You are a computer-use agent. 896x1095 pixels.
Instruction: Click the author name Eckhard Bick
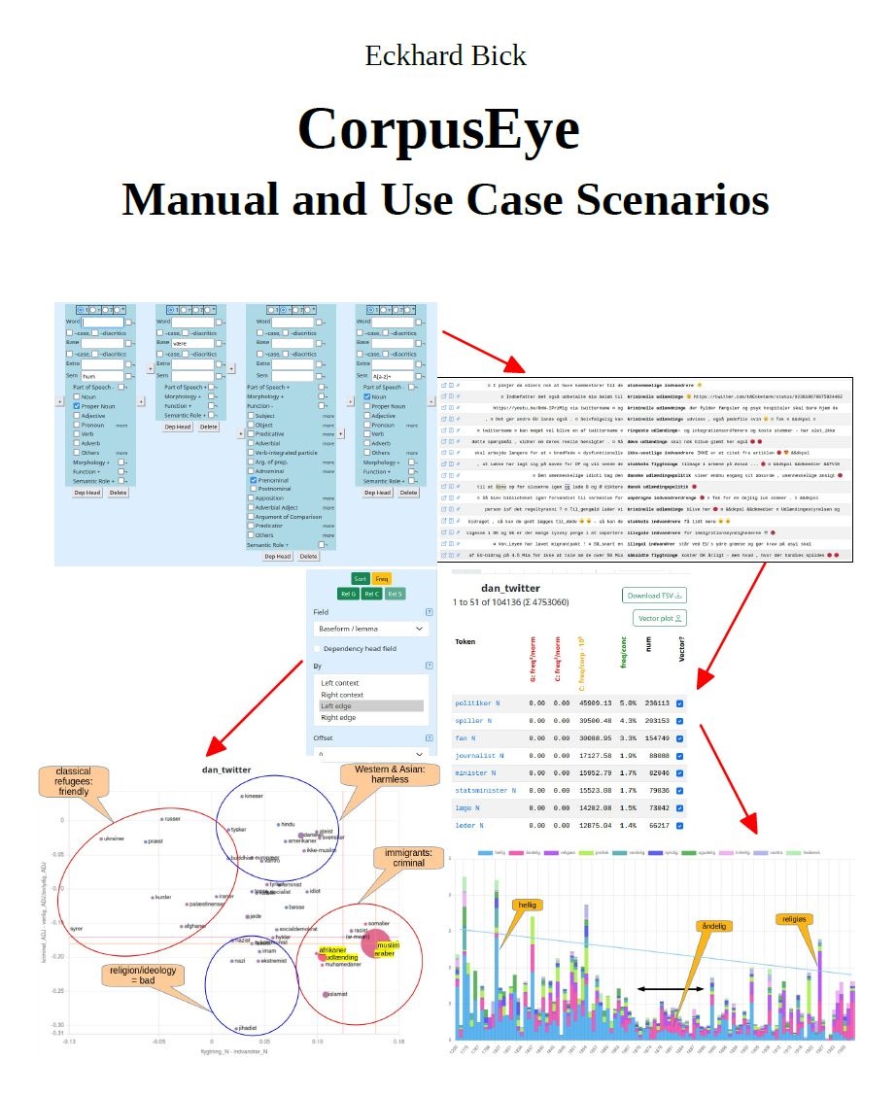coord(446,55)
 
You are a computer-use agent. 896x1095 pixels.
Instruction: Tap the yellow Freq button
coord(381,578)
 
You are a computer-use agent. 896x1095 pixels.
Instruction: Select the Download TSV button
coord(654,596)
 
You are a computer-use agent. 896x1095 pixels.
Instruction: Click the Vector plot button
coord(661,618)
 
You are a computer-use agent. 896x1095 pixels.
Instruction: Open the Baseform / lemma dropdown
coord(371,629)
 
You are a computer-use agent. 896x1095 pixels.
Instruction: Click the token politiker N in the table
coord(476,703)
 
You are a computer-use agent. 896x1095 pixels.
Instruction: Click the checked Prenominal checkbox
coord(253,480)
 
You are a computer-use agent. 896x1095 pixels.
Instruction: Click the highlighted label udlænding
coord(336,959)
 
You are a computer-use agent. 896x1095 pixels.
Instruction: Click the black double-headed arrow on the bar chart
coord(670,989)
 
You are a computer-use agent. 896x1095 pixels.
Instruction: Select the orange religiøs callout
coord(795,918)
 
